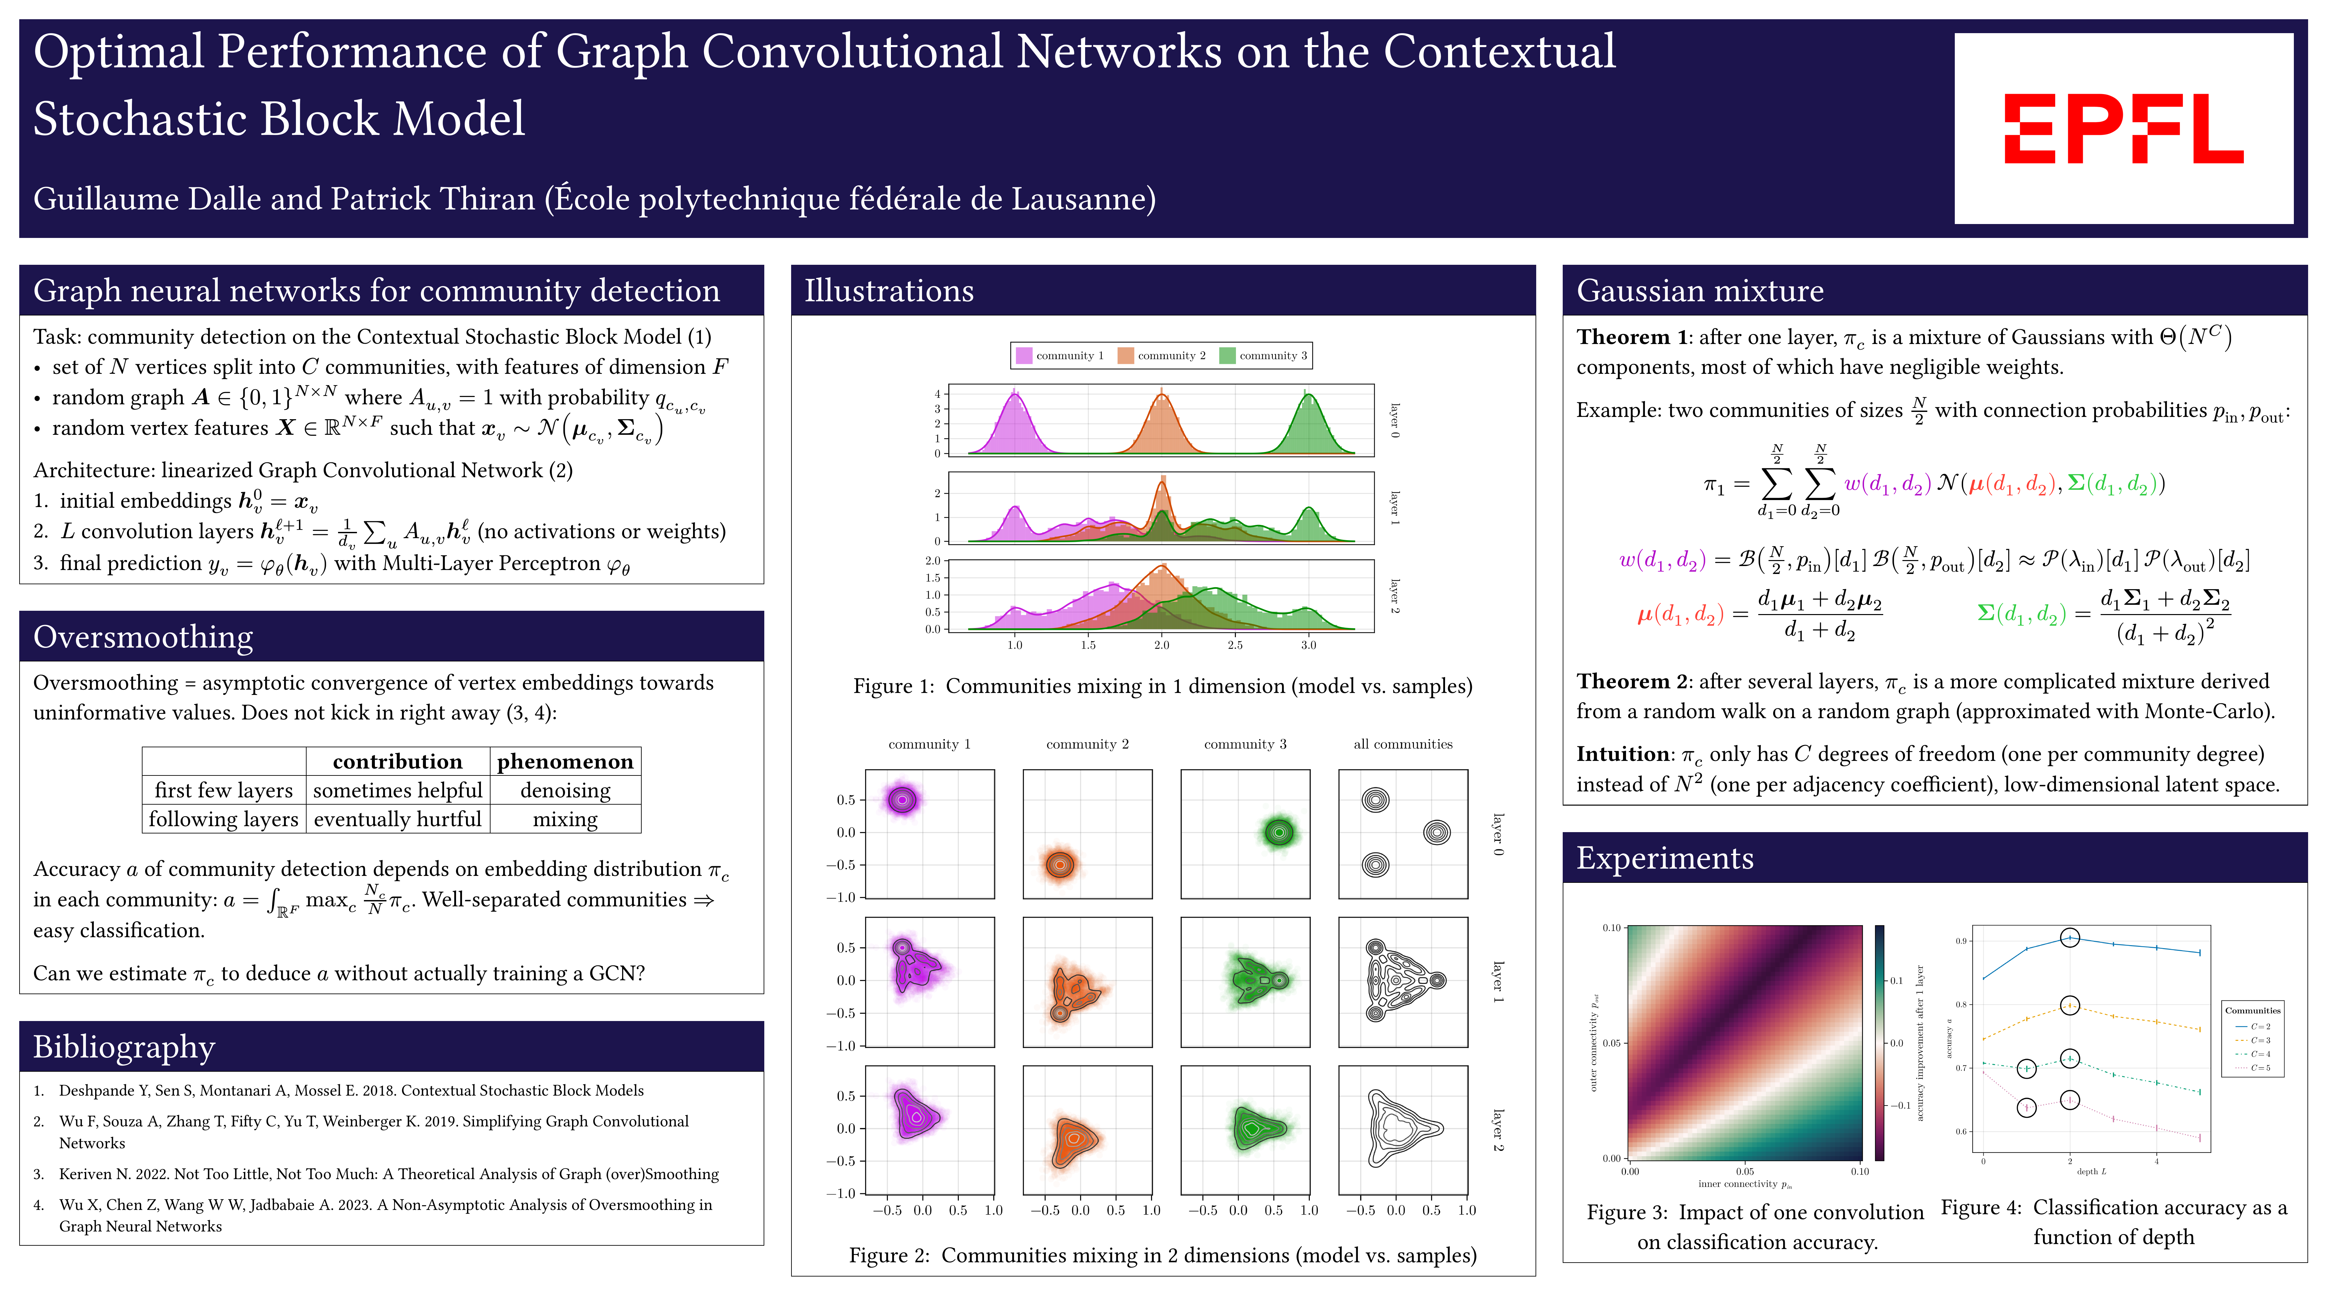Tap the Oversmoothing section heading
[143, 637]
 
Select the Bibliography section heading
[124, 1047]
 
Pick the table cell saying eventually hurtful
[397, 819]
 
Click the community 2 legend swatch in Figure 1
[1126, 356]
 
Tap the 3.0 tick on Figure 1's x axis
[1308, 645]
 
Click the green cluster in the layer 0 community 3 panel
[1278, 832]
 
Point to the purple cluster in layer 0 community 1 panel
[902, 799]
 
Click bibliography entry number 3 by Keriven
[388, 1174]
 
